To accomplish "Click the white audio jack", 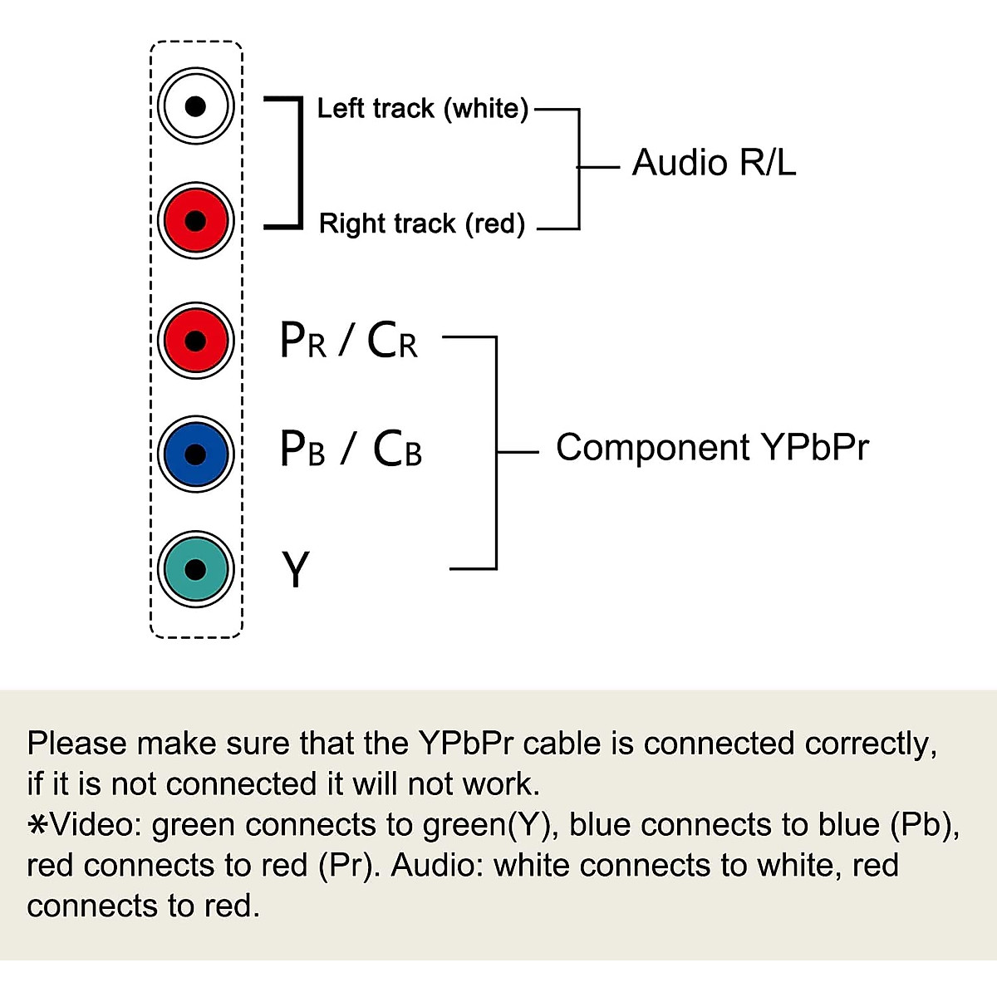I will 195,106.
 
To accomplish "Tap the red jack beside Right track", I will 195,221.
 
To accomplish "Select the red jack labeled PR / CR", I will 195,340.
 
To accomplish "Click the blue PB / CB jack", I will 195,454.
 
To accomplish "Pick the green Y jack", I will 195,569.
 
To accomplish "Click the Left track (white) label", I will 422,109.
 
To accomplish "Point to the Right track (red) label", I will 422,223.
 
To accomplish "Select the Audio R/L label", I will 714,163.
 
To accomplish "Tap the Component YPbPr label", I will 712,448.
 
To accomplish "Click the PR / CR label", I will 348,341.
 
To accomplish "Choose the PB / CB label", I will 351,449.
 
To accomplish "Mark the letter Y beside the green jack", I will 296,570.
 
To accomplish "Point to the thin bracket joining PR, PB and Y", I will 496,453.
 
